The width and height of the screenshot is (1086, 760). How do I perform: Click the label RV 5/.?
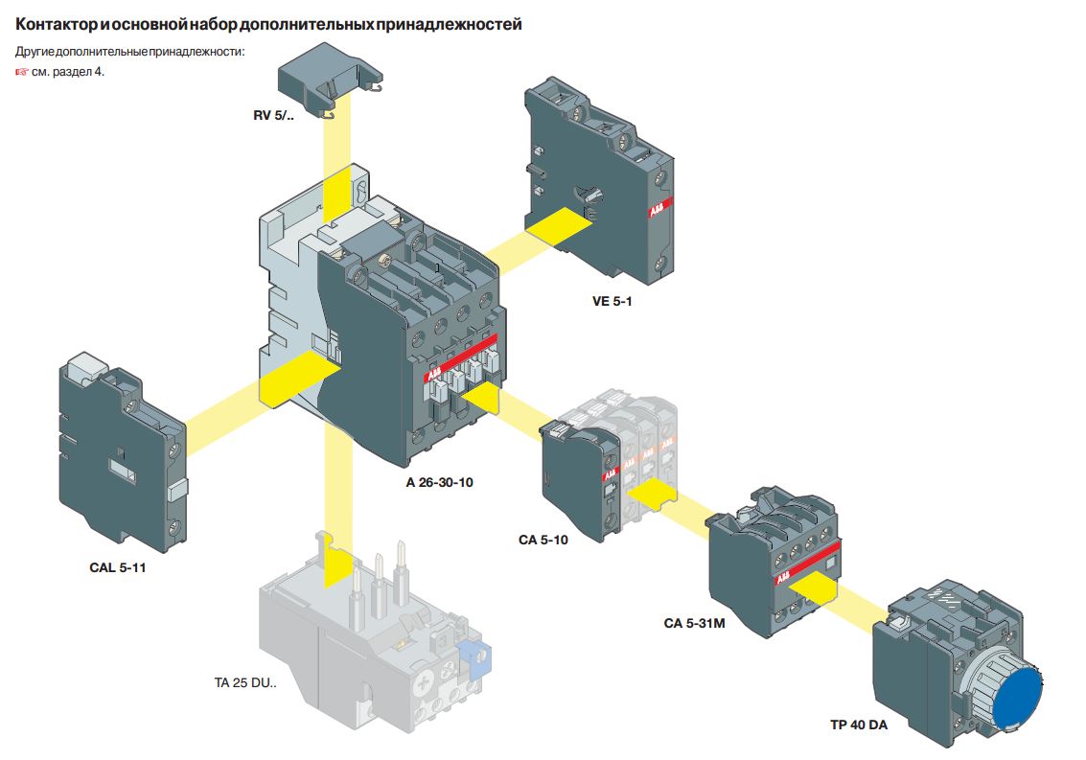pos(273,116)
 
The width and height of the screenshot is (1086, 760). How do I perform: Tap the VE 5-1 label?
pos(612,301)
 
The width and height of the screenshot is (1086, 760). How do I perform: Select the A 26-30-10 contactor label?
pos(439,482)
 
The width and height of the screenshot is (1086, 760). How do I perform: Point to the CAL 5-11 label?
pos(118,567)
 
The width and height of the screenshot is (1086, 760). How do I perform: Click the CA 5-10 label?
pos(543,540)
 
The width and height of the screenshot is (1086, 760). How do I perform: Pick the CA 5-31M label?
pos(694,623)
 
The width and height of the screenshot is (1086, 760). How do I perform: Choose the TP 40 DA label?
pos(859,725)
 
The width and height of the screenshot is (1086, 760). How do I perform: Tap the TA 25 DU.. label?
pos(245,682)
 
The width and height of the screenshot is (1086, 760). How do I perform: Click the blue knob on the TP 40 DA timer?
pos(1016,698)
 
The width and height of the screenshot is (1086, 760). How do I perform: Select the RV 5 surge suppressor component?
pos(330,78)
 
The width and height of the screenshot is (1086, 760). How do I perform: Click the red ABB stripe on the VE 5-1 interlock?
pos(659,206)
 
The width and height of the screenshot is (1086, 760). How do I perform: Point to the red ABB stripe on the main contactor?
pos(461,357)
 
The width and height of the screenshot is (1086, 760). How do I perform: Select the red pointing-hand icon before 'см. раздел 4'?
pos(22,71)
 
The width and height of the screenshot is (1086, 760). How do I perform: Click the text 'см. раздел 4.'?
pos(68,71)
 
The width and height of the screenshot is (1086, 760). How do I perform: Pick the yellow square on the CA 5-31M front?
pos(814,590)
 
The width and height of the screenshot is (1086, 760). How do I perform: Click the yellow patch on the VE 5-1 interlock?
pos(558,226)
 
